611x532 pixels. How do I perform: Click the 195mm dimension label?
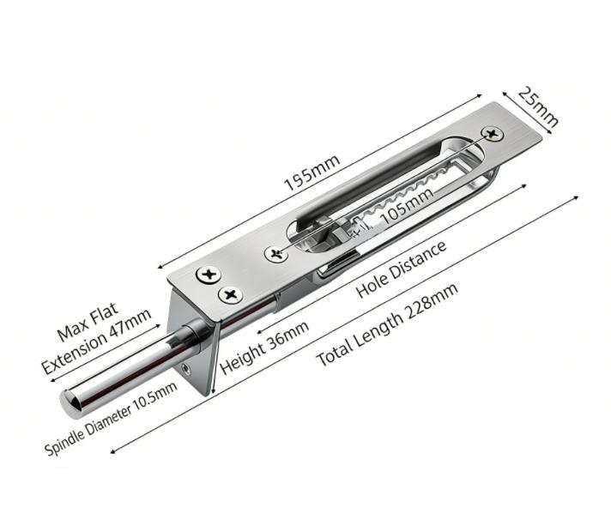312,173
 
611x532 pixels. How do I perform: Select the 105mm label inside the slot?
406,209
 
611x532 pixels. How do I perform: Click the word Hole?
375,281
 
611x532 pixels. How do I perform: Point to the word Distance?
419,257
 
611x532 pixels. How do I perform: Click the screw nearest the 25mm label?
493,134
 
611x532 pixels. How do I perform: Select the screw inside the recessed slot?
276,254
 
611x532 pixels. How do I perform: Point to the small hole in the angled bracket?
186,368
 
